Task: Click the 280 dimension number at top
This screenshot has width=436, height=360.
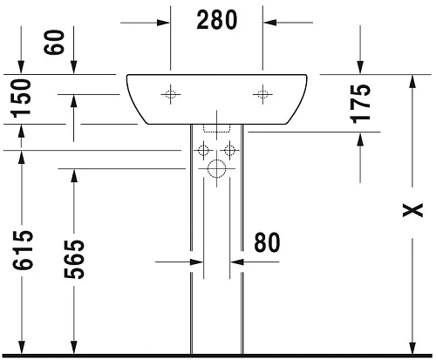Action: click(217, 20)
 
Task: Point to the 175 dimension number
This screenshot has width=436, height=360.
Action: click(362, 101)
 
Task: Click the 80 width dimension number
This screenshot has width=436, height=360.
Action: click(268, 242)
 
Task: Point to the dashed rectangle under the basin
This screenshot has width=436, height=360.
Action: click(216, 127)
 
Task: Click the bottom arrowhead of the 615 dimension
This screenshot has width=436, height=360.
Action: click(23, 348)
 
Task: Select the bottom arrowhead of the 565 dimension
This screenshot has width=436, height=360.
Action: click(73, 348)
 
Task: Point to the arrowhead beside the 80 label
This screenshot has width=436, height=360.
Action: click(235, 261)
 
